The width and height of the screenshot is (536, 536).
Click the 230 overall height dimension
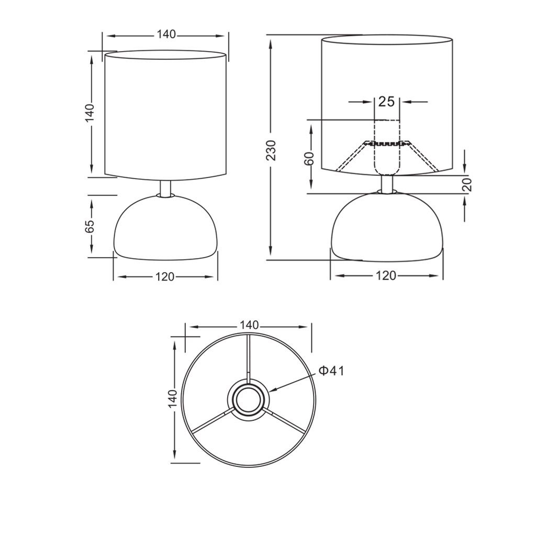[271, 150]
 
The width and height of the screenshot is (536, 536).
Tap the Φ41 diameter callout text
[331, 371]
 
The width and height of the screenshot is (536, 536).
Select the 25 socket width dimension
[387, 102]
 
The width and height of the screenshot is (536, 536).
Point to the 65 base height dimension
[89, 226]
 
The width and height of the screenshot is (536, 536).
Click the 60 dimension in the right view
[309, 158]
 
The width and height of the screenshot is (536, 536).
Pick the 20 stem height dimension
[467, 185]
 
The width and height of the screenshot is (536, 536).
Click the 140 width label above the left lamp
[166, 34]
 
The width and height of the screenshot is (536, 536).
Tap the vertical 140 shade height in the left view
[89, 113]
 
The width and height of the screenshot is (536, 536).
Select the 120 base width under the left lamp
[165, 276]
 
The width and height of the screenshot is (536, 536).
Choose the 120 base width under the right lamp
[386, 275]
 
